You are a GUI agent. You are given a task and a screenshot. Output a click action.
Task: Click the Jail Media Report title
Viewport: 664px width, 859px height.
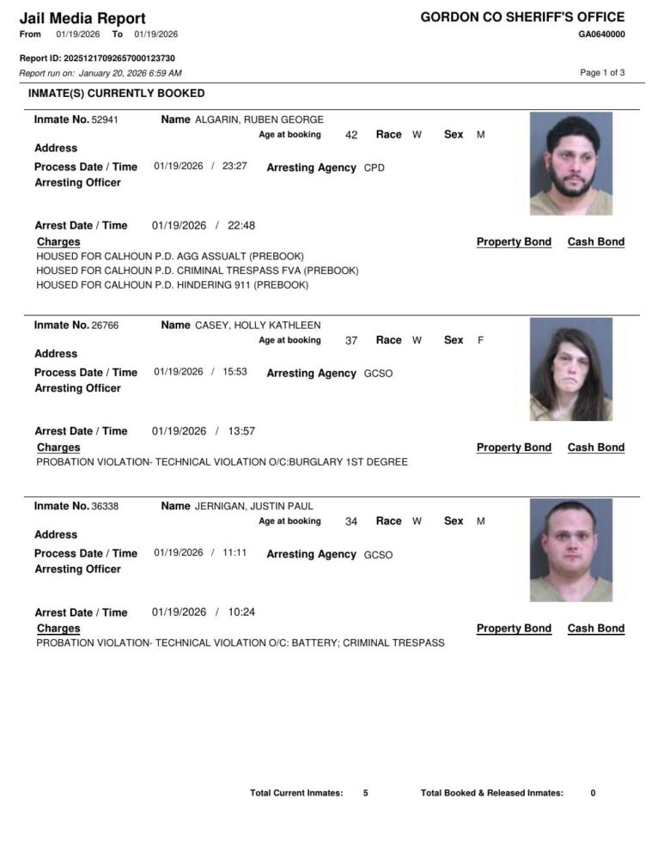click(x=82, y=18)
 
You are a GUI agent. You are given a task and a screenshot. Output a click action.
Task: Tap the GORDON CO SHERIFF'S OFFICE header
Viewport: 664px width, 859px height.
click(x=522, y=17)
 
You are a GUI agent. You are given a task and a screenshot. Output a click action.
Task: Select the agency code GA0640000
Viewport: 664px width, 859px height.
click(x=601, y=34)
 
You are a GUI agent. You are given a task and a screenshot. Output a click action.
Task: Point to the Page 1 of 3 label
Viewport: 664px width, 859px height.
click(x=602, y=73)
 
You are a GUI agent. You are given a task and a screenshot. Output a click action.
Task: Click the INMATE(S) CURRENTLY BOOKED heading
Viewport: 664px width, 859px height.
click(x=117, y=93)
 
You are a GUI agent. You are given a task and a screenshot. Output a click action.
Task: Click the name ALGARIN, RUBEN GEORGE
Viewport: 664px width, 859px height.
click(x=259, y=119)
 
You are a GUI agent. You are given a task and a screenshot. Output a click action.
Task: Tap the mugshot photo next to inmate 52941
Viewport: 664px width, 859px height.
click(x=570, y=163)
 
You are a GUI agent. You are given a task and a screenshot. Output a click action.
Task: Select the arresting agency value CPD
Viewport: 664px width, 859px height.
click(x=375, y=168)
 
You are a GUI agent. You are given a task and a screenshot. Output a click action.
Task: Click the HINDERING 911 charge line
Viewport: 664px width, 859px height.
click(x=172, y=285)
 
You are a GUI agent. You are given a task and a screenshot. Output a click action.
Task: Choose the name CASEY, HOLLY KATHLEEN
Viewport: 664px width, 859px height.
click(x=258, y=326)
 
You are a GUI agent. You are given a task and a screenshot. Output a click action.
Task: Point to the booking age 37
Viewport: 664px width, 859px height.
click(x=350, y=340)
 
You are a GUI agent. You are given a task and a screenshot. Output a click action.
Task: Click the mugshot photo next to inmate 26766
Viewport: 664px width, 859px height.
click(x=570, y=369)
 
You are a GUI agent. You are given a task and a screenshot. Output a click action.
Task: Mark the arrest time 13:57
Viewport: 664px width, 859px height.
click(x=241, y=431)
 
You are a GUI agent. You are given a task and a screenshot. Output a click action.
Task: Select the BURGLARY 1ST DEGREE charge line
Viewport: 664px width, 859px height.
click(x=222, y=462)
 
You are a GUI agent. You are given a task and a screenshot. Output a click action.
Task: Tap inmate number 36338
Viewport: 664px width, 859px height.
click(x=105, y=507)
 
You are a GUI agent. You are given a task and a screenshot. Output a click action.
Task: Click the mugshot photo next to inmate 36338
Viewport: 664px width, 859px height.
click(x=570, y=550)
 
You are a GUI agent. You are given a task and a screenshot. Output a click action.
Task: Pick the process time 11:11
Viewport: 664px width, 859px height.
click(x=235, y=553)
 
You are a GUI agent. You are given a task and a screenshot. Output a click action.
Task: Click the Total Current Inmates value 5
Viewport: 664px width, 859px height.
click(x=365, y=793)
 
